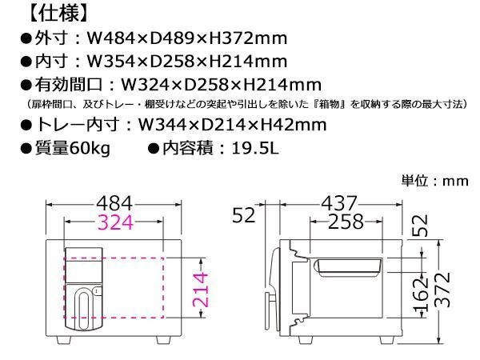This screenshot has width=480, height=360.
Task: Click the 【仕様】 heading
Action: (x=58, y=14)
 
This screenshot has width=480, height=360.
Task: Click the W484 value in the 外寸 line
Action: (x=111, y=38)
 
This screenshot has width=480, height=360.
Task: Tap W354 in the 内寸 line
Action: (x=111, y=62)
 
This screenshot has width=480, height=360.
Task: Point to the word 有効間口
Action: (x=68, y=85)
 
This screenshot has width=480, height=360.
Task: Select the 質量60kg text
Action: (x=73, y=148)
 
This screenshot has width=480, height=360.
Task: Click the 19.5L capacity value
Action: (x=255, y=148)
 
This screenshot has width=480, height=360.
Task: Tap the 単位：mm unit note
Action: (x=434, y=181)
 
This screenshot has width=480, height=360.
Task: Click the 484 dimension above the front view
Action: (x=114, y=203)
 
